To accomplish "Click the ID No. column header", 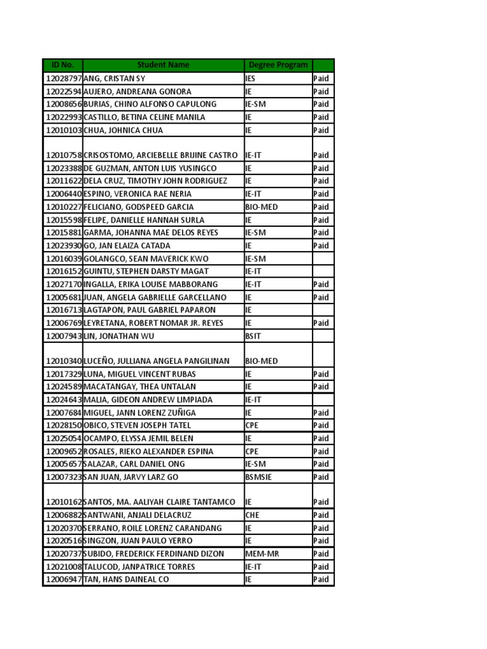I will click(x=62, y=65).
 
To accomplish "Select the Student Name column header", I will click(x=163, y=65).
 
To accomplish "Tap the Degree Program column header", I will click(x=278, y=65).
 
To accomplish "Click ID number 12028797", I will click(x=63, y=79).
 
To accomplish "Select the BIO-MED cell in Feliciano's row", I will click(x=261, y=207).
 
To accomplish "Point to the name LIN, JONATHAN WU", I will click(x=119, y=336).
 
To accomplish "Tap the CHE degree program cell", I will click(x=252, y=515).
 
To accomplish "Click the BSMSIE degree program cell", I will click(x=259, y=477).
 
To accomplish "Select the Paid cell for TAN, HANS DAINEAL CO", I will click(x=321, y=580).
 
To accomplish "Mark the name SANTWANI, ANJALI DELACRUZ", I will click(x=138, y=515).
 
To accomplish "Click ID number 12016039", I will click(x=63, y=259).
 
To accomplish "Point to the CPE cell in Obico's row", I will click(x=252, y=425).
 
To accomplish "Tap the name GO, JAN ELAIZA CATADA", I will click(x=127, y=246).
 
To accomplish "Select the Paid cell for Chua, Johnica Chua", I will click(x=321, y=130).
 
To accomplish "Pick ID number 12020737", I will click(x=63, y=554).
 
